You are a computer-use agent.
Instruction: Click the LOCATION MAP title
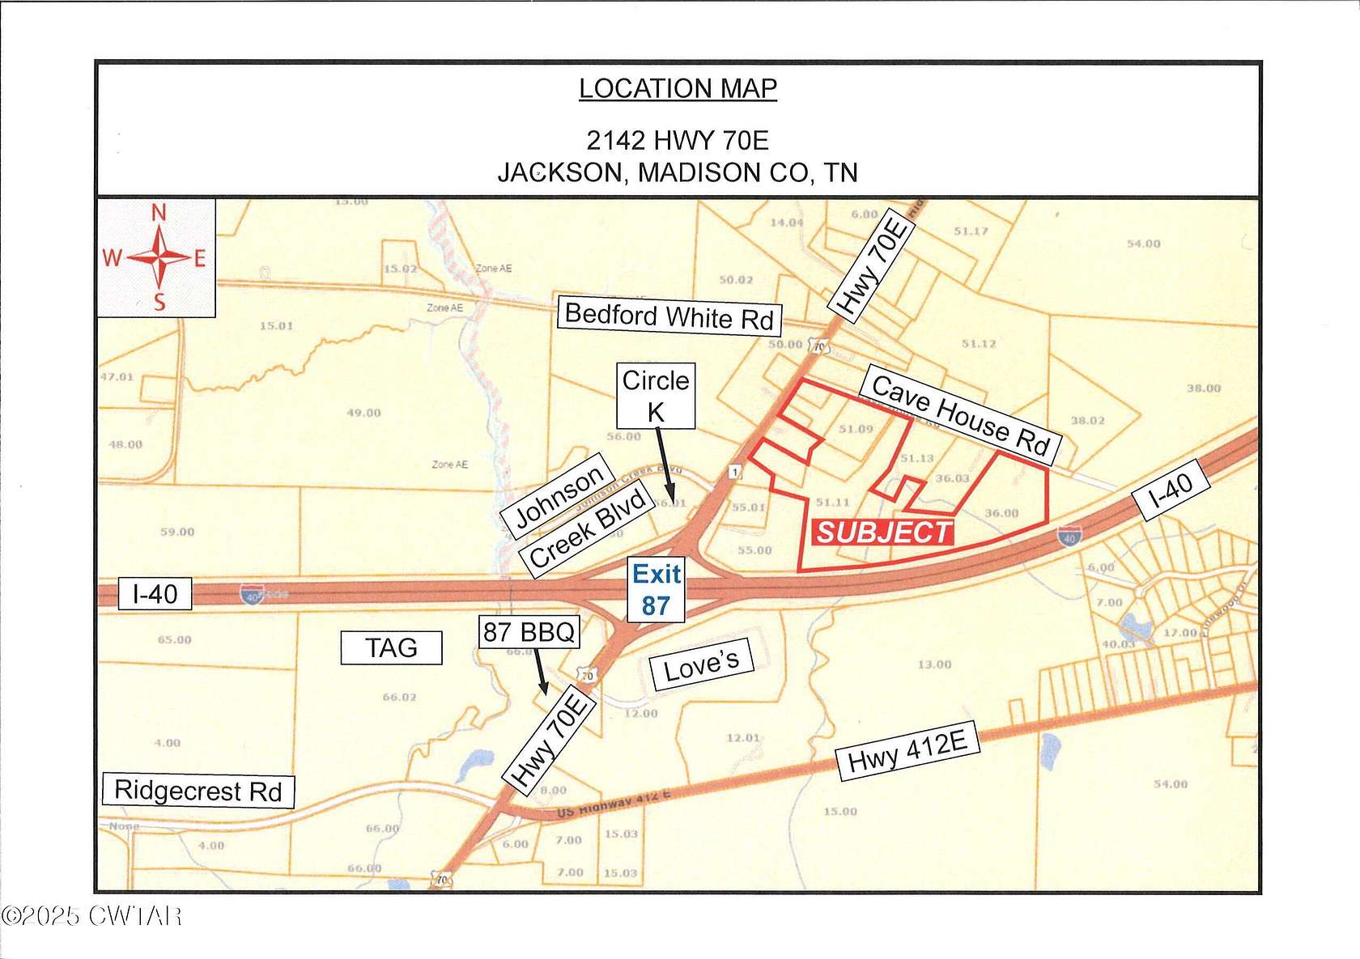pos(678,88)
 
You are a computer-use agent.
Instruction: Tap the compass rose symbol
pos(159,258)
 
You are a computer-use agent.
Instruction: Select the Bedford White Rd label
pos(669,316)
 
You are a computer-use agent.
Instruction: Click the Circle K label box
pos(656,395)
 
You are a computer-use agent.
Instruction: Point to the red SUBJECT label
pos(883,533)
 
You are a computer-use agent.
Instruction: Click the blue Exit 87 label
pos(656,589)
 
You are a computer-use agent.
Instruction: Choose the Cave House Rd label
pos(961,416)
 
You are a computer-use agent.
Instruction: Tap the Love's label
pos(701,665)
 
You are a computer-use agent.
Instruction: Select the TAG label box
pos(391,647)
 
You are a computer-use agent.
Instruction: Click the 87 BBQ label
pos(529,631)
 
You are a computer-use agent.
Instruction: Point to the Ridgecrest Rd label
pos(198,790)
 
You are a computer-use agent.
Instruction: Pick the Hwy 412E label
pos(907,751)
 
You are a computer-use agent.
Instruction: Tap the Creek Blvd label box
pos(588,528)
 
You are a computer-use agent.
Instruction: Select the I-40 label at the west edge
pos(155,594)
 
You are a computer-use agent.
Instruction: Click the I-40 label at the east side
pos(1171,489)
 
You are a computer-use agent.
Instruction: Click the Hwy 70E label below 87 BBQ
pos(550,740)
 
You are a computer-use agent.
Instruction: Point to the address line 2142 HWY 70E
pos(678,140)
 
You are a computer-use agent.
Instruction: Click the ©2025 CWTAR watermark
pos(91,916)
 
